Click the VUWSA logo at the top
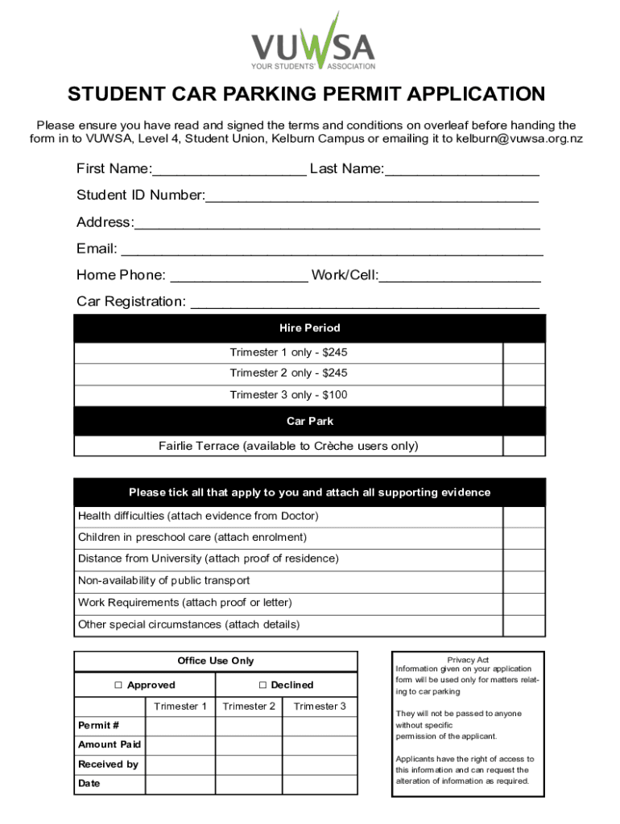click(312, 42)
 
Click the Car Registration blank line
click(363, 303)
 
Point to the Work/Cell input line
click(460, 276)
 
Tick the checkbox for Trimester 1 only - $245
click(523, 353)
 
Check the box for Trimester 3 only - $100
click(523, 395)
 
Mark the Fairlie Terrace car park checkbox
click(523, 446)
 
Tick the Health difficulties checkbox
click(523, 516)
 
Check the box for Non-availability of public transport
click(523, 581)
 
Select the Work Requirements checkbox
click(523, 603)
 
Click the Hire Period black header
click(309, 328)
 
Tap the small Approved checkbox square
click(118, 686)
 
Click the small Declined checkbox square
click(262, 686)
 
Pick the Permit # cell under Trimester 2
click(250, 726)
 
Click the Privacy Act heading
click(468, 660)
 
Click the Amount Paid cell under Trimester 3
click(320, 745)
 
